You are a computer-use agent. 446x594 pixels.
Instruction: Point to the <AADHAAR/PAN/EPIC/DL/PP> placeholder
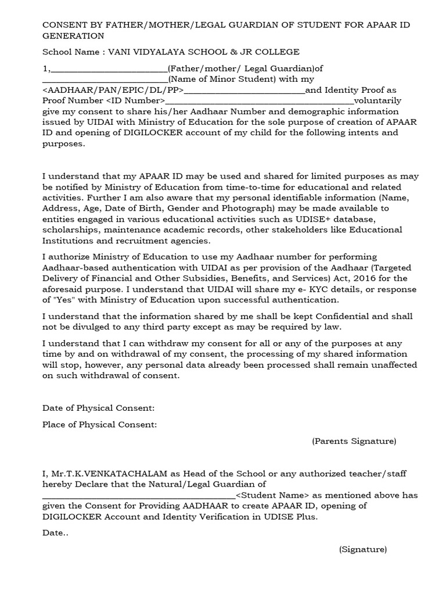(113, 90)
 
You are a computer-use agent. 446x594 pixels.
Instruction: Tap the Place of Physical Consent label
(100, 425)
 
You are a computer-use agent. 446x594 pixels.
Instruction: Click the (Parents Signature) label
(354, 441)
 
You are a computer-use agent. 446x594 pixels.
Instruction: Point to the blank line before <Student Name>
(139, 497)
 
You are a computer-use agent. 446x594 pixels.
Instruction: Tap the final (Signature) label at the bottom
(363, 549)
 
